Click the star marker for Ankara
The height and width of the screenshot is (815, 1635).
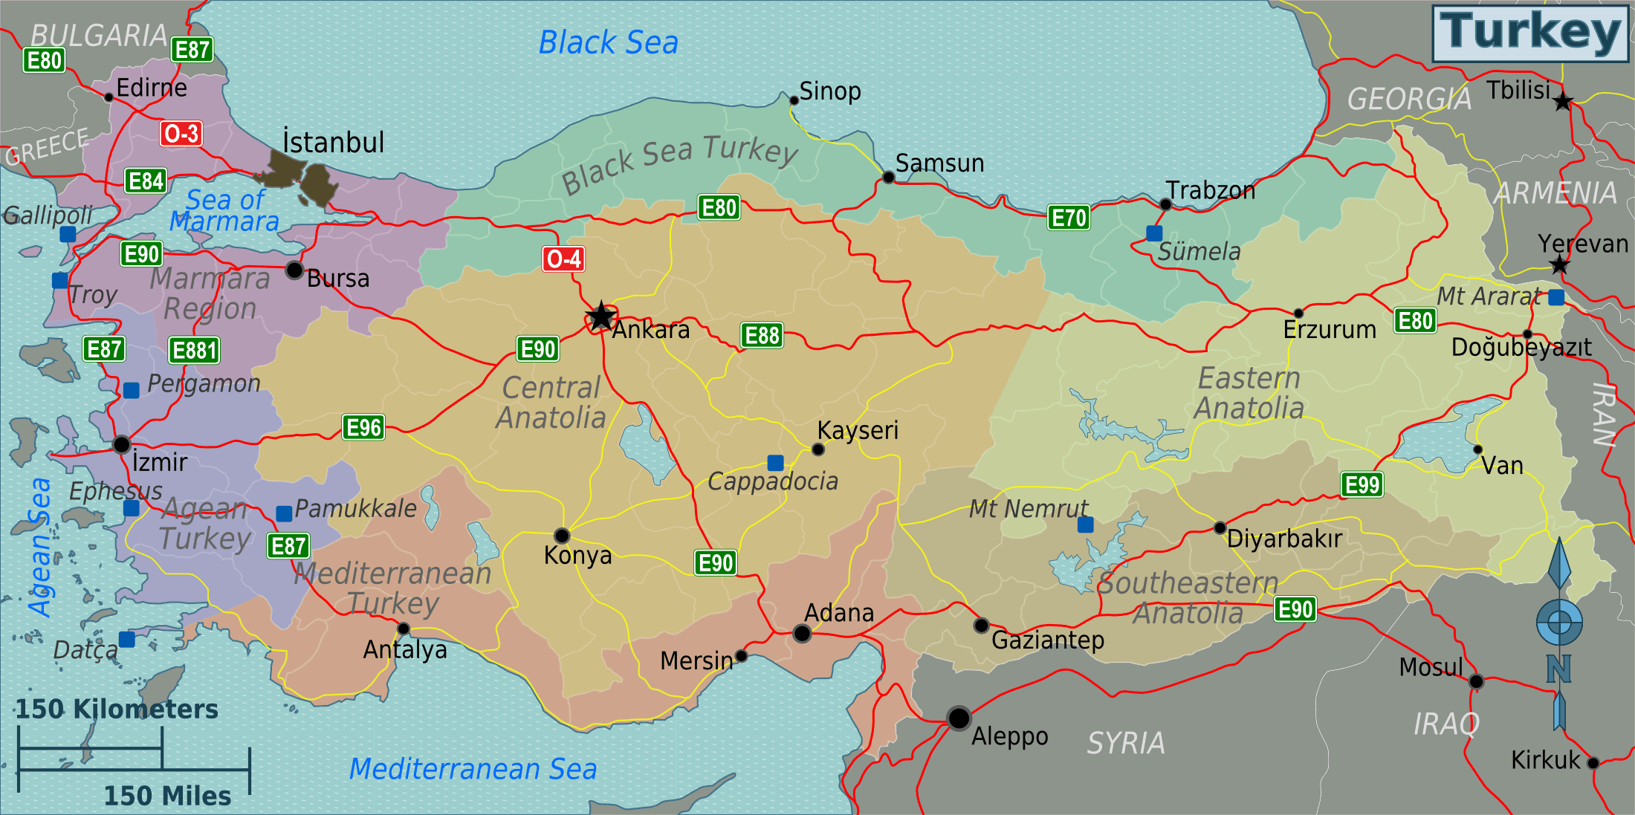pos(600,317)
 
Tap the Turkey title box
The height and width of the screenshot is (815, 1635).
pos(1530,33)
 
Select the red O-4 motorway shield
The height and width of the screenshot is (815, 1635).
pos(563,259)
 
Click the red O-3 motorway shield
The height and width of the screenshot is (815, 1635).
pos(181,134)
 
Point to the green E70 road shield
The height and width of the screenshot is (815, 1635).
pos(1069,218)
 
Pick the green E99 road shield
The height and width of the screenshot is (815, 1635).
pos(1362,485)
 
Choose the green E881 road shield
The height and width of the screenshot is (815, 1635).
pos(194,350)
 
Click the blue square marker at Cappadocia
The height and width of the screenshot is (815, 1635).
pos(775,463)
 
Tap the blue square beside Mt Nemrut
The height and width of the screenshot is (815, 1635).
pos(1085,525)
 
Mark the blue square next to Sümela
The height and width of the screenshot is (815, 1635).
pos(1154,233)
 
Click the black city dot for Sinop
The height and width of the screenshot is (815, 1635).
pos(794,100)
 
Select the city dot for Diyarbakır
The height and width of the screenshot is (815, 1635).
pos(1220,528)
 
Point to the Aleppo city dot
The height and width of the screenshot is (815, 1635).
pos(959,718)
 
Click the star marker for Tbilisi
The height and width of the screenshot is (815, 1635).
pos(1563,101)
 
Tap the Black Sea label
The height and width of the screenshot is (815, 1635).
pos(608,43)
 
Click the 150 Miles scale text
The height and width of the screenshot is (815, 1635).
pos(167,796)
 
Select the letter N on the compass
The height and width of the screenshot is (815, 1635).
pos(1558,669)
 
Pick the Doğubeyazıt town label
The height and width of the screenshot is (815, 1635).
pos(1521,348)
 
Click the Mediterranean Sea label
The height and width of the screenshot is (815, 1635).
pos(473,769)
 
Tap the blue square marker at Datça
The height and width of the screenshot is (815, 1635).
pos(127,640)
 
